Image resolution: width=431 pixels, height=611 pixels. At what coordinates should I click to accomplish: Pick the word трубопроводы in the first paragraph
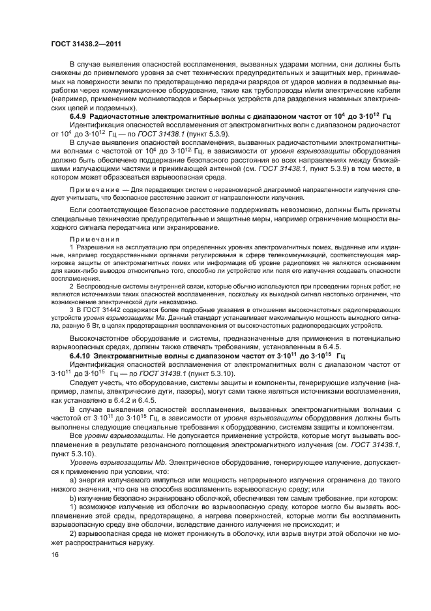[284, 91]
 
